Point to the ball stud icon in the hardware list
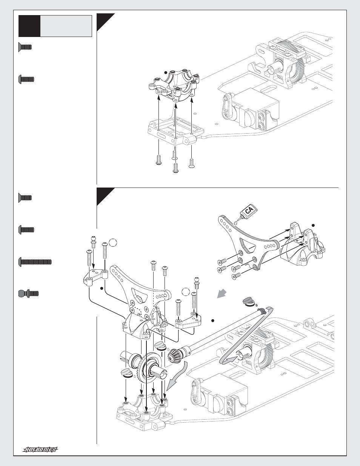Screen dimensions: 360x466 point(29,293)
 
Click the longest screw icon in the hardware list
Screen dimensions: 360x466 point(35,262)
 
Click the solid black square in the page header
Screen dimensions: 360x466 point(29,26)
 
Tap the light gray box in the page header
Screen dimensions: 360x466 point(66,26)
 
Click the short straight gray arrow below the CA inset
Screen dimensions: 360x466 point(222,294)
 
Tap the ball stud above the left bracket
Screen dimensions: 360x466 point(94,240)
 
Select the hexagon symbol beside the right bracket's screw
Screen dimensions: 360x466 point(185,292)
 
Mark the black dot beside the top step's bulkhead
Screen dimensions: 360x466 point(166,73)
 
